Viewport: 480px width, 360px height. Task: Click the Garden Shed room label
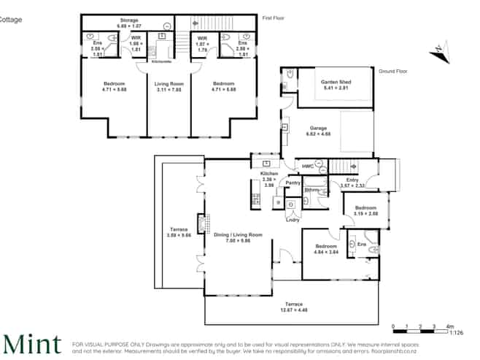(x=336, y=83)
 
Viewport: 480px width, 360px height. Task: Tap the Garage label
(x=317, y=128)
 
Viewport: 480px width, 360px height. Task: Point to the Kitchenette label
(x=161, y=61)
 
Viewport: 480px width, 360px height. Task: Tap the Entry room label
(x=352, y=180)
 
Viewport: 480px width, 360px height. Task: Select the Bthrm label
(x=312, y=190)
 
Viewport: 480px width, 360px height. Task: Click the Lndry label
(x=293, y=219)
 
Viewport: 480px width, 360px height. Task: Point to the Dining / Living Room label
(x=237, y=234)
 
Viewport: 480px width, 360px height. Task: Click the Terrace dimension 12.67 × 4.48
(x=294, y=309)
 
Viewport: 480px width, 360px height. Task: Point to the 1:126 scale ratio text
(x=457, y=332)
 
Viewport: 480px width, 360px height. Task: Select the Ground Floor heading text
(x=392, y=71)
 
